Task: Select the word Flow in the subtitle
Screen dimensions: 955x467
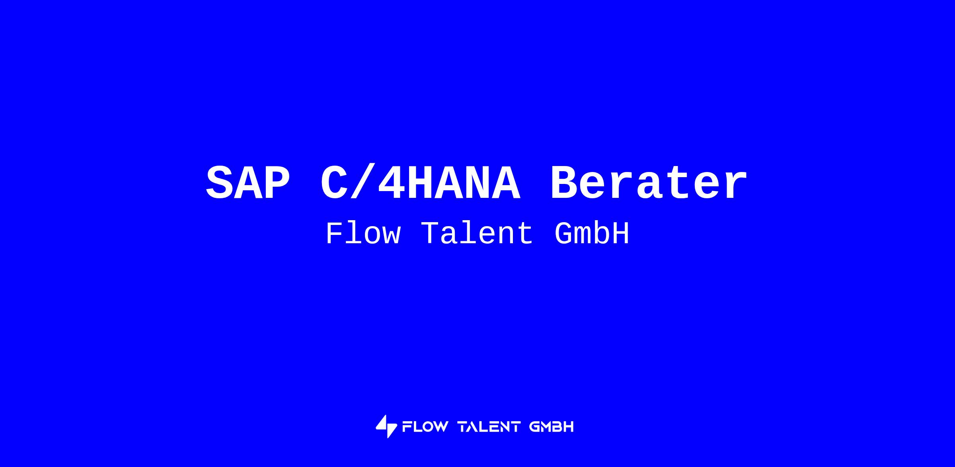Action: point(363,234)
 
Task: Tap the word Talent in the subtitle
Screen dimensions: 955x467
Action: point(477,234)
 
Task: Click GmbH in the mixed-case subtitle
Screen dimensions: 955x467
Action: point(592,234)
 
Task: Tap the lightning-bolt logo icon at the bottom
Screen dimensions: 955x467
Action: point(386,426)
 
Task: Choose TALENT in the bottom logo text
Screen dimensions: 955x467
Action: point(489,427)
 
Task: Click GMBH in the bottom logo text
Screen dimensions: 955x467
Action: point(552,427)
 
